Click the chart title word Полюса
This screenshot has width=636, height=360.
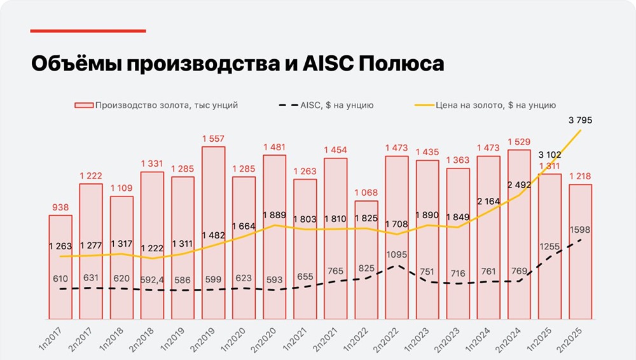(x=400, y=64)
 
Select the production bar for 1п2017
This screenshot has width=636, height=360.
(x=60, y=267)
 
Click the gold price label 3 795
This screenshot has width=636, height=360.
(x=579, y=120)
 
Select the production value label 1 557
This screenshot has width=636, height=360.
(x=214, y=139)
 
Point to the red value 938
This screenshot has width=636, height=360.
(x=60, y=207)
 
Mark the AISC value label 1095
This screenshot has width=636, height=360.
(x=397, y=254)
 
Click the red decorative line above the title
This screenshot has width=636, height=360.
(x=88, y=31)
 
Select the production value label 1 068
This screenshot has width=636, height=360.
(x=366, y=193)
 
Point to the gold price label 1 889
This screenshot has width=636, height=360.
(x=275, y=214)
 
